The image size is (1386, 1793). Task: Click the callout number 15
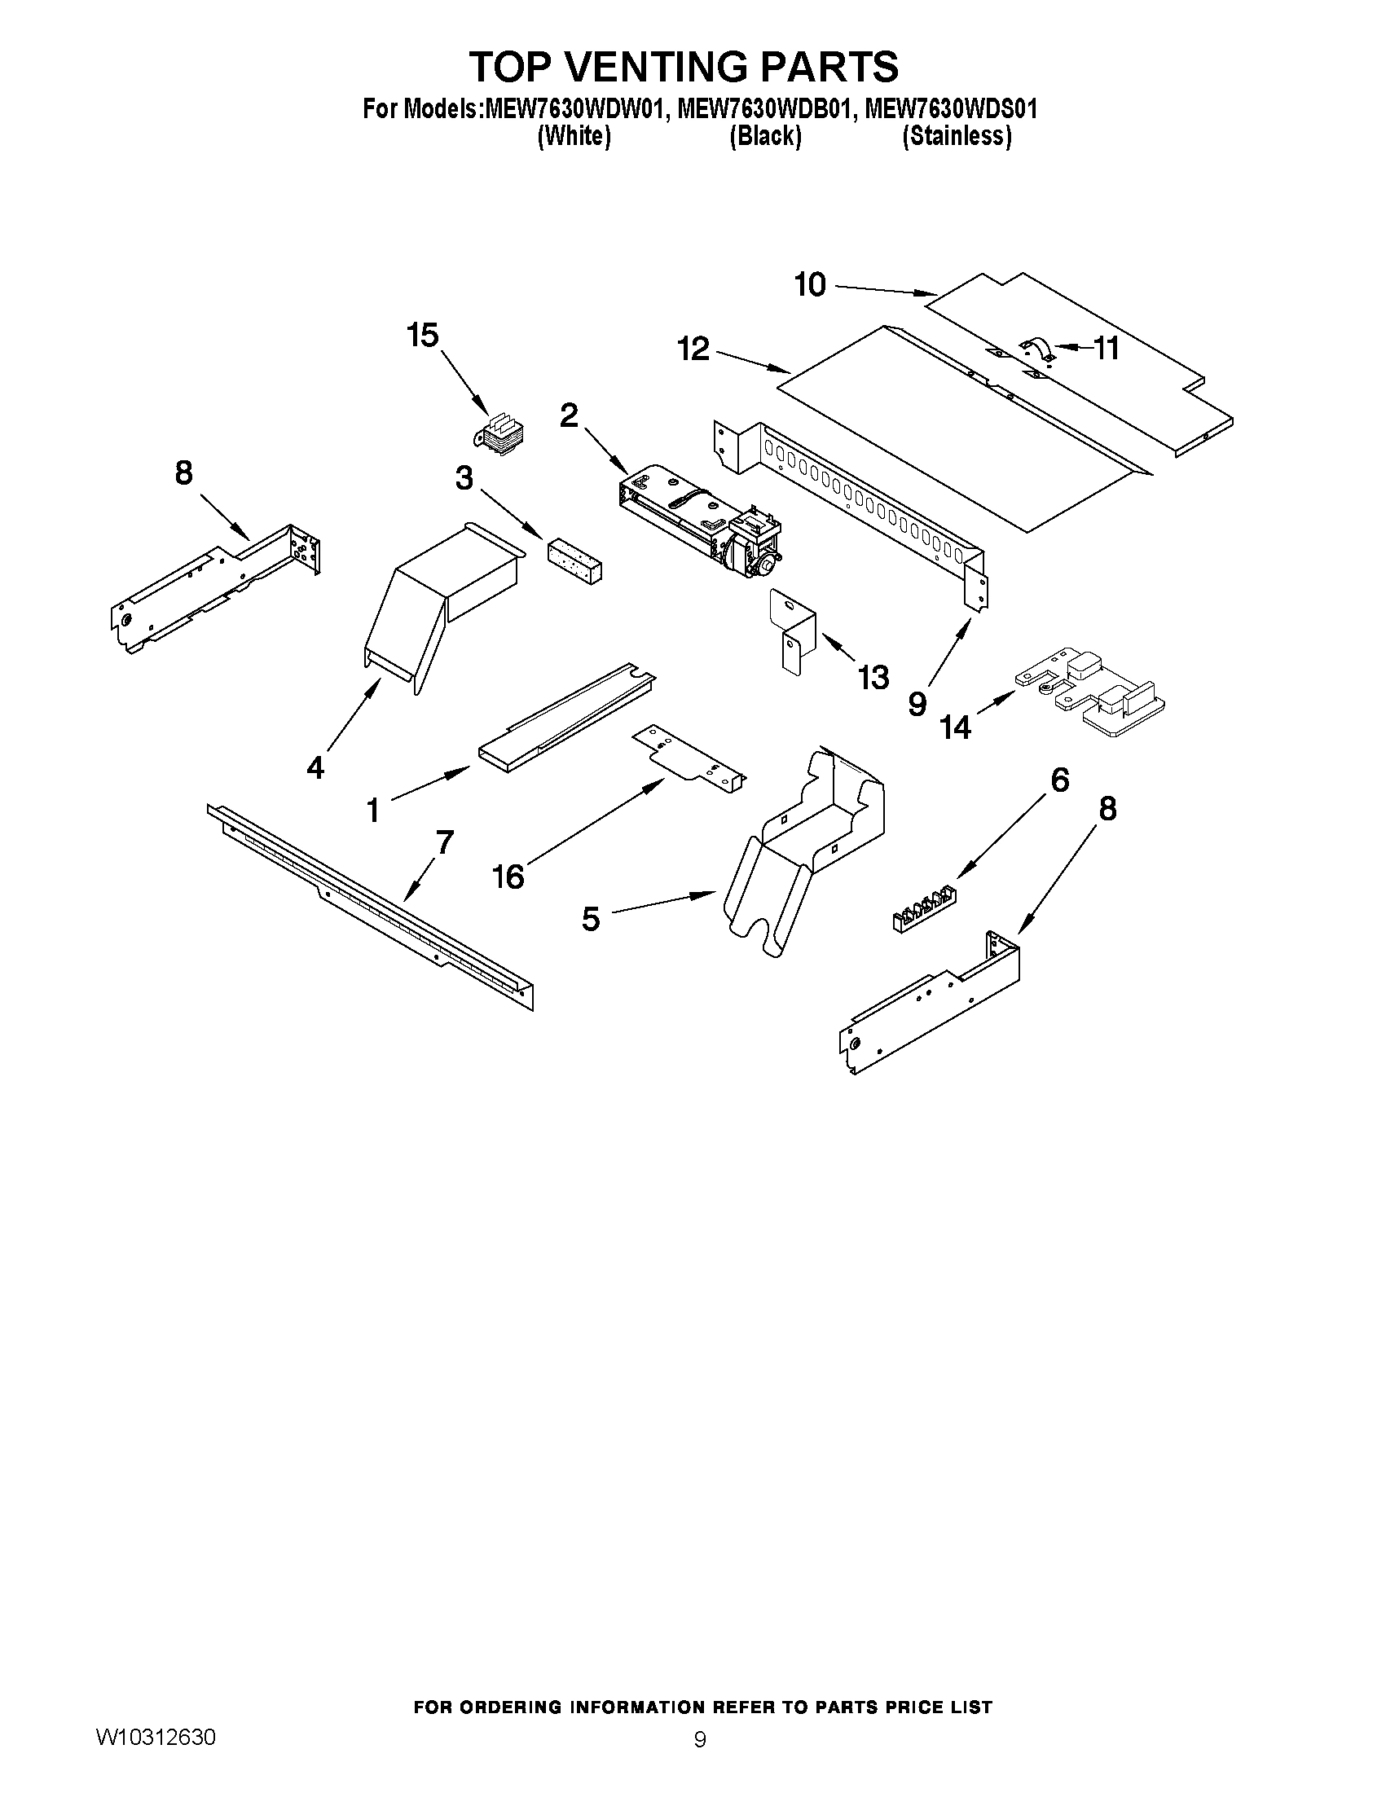pos(423,336)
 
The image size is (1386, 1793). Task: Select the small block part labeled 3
pos(574,561)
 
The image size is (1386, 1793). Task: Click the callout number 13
pos(873,677)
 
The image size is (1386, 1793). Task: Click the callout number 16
pos(508,877)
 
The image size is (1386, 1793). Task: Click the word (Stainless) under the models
pos(956,136)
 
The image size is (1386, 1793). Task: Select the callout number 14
pos(956,727)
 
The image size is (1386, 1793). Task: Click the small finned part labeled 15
pos(503,437)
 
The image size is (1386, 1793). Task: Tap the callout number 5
pos(592,918)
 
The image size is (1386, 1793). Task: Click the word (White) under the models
pos(574,136)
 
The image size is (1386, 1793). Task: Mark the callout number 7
pos(444,842)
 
